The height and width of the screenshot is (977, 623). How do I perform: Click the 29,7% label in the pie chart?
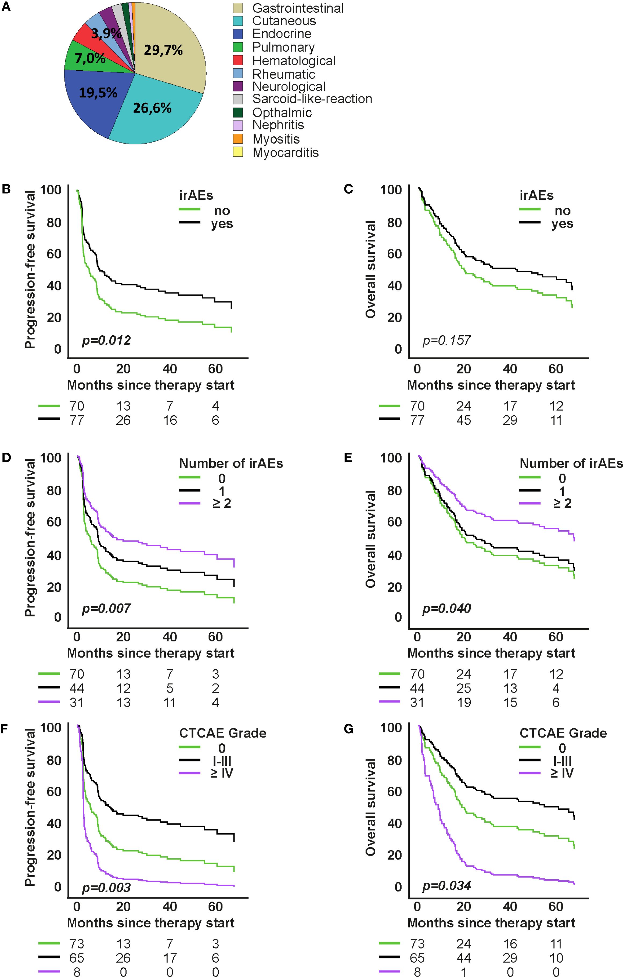[x=163, y=50]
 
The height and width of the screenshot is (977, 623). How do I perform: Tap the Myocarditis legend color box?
[x=238, y=152]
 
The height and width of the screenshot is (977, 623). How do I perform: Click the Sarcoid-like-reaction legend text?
[x=312, y=99]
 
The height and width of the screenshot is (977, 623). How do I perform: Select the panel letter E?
[x=348, y=458]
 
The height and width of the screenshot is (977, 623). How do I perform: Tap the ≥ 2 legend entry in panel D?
[x=222, y=503]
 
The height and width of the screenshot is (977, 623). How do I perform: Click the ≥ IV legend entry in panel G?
[x=562, y=773]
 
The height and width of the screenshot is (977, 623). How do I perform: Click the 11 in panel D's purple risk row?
[x=170, y=702]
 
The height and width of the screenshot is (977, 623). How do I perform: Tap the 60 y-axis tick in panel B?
[x=54, y=254]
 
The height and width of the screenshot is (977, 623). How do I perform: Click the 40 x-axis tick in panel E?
[x=510, y=637]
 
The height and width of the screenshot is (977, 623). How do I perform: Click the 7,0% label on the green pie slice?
[x=90, y=59]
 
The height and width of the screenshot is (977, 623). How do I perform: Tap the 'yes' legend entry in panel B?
[x=222, y=224]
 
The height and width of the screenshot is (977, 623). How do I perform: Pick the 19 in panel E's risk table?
[x=463, y=702]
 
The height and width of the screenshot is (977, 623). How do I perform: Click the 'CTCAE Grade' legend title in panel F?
[x=222, y=733]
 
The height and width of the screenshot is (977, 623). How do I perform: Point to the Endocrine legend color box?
[x=238, y=34]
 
